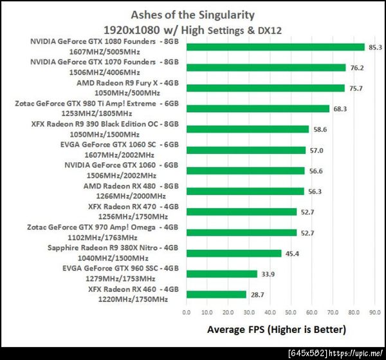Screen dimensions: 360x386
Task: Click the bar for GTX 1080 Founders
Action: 275,47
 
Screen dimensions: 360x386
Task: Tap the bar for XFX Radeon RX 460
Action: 216,294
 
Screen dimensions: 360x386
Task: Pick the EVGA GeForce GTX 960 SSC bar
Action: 221,274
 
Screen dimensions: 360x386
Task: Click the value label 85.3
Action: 376,47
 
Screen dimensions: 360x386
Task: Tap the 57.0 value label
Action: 316,150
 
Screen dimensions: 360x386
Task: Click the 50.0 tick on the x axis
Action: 291,312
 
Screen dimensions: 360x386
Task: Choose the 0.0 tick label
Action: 187,312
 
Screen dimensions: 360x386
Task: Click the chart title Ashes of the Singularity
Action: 192,14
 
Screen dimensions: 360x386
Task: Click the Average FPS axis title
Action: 276,330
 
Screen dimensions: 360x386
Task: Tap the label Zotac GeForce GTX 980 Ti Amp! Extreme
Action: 103,103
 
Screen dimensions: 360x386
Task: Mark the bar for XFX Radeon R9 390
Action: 248,129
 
